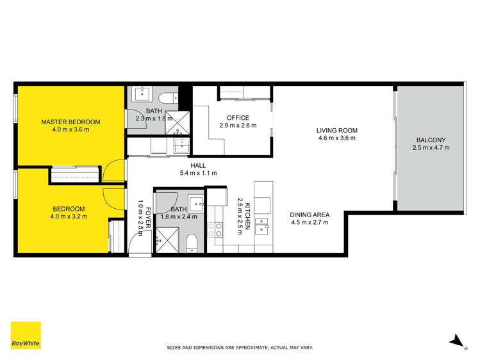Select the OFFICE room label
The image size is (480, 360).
(238, 118)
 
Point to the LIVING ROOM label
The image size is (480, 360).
(336, 131)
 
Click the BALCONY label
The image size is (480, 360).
(431, 139)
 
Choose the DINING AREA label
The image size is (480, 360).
(310, 215)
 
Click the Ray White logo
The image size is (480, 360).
(26, 335)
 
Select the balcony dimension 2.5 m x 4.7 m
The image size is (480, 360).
(431, 147)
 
